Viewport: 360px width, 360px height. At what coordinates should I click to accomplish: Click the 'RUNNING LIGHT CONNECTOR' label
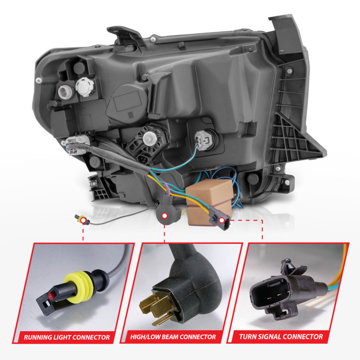(x=67, y=337)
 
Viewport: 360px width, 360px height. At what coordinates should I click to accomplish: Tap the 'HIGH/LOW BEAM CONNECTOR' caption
(x=173, y=337)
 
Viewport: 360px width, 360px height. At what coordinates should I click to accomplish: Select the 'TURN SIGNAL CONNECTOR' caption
(x=281, y=337)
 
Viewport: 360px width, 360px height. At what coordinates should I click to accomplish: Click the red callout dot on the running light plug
(x=82, y=221)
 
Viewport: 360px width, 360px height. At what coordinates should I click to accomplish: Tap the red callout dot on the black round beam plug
(x=164, y=216)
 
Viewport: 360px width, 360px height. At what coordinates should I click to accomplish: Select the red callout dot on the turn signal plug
(x=221, y=220)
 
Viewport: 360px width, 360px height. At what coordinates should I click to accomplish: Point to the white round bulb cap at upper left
(x=85, y=87)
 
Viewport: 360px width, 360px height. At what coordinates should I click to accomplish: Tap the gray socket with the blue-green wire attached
(x=202, y=140)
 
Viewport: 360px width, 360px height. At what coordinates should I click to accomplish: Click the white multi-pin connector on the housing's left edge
(x=76, y=144)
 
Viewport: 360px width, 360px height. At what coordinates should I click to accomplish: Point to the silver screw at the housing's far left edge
(x=39, y=80)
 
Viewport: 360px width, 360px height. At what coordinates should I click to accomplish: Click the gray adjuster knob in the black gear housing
(x=150, y=139)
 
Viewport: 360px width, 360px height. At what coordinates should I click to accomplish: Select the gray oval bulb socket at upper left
(x=65, y=92)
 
